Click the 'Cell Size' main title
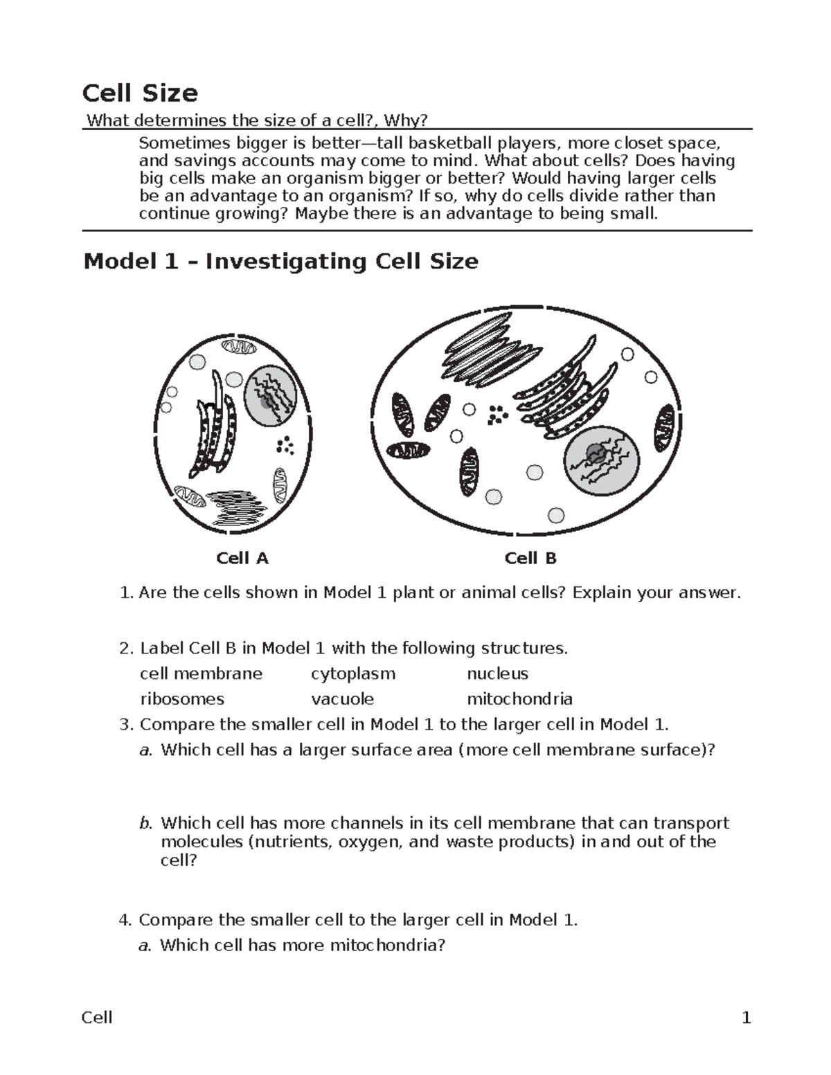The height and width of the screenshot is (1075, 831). pyautogui.click(x=140, y=93)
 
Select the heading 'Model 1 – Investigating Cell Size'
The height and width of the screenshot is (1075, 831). pyautogui.click(x=280, y=262)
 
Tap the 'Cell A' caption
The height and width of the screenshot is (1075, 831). pyautogui.click(x=242, y=558)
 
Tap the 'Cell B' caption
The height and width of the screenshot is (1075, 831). pyautogui.click(x=530, y=558)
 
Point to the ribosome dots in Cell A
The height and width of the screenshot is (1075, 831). pyautogui.click(x=285, y=445)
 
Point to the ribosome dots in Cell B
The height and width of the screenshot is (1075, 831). pyautogui.click(x=497, y=415)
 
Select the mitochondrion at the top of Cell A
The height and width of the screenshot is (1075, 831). pyautogui.click(x=238, y=347)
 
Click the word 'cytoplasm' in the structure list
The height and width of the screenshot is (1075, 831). pyautogui.click(x=353, y=674)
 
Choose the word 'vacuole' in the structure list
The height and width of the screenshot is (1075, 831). pyautogui.click(x=342, y=699)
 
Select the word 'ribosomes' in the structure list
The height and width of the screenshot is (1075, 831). pyautogui.click(x=182, y=699)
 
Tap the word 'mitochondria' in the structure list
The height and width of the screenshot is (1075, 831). pyautogui.click(x=519, y=699)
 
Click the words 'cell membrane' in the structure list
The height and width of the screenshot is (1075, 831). pyautogui.click(x=201, y=674)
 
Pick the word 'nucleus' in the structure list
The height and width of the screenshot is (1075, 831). pyautogui.click(x=497, y=674)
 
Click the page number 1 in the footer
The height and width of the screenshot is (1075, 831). pyautogui.click(x=746, y=1018)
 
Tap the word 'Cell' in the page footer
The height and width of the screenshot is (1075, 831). pyautogui.click(x=97, y=1018)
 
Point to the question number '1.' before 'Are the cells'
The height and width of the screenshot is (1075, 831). pyautogui.click(x=125, y=593)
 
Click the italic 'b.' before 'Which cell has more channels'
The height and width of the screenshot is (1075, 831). pyautogui.click(x=145, y=823)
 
